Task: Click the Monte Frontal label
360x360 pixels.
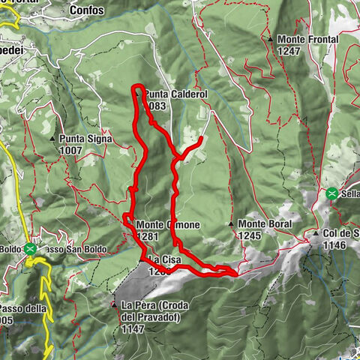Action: click(x=307, y=39)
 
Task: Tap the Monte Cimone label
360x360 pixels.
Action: click(x=168, y=224)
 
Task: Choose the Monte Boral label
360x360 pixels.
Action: click(x=265, y=224)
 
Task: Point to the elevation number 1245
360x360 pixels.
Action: click(x=249, y=235)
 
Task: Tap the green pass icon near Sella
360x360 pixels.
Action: click(x=331, y=193)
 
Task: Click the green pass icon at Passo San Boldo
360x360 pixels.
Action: click(x=30, y=248)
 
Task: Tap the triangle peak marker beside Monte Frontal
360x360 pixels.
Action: click(x=270, y=39)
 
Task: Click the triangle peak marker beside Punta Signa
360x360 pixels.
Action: click(x=52, y=139)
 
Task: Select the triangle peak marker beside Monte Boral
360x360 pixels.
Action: click(x=231, y=224)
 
